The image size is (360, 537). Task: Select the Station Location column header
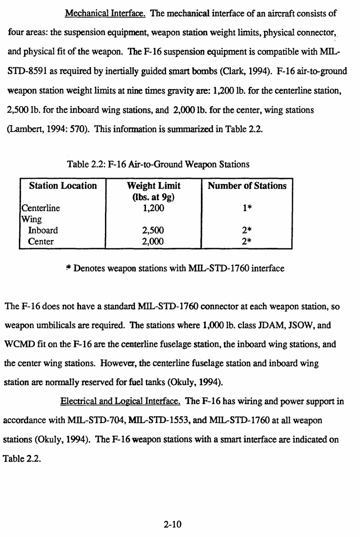coord(63,186)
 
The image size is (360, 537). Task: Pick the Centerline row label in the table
coord(40,208)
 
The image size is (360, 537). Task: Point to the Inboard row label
coord(43,230)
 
